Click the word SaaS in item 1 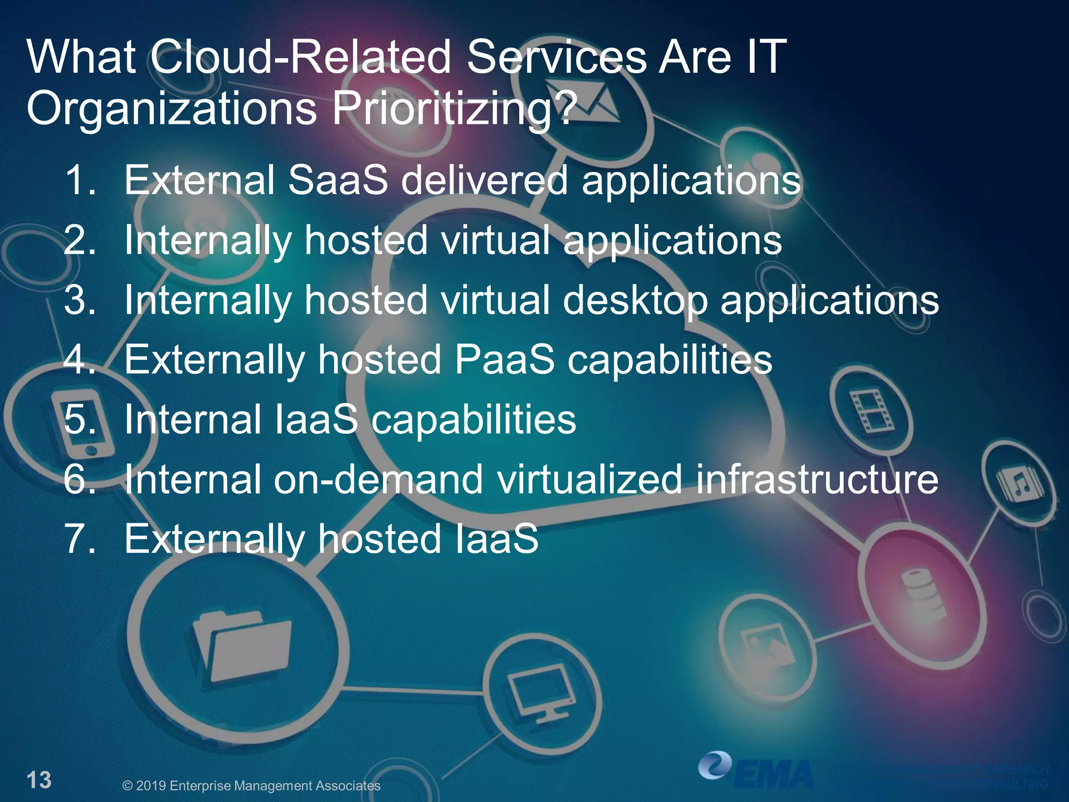(338, 181)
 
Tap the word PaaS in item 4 (504, 360)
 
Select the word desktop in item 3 (635, 301)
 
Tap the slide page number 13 (39, 780)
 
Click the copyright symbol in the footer (127, 786)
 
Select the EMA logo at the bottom (757, 770)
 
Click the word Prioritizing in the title (454, 109)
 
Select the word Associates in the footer (347, 786)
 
